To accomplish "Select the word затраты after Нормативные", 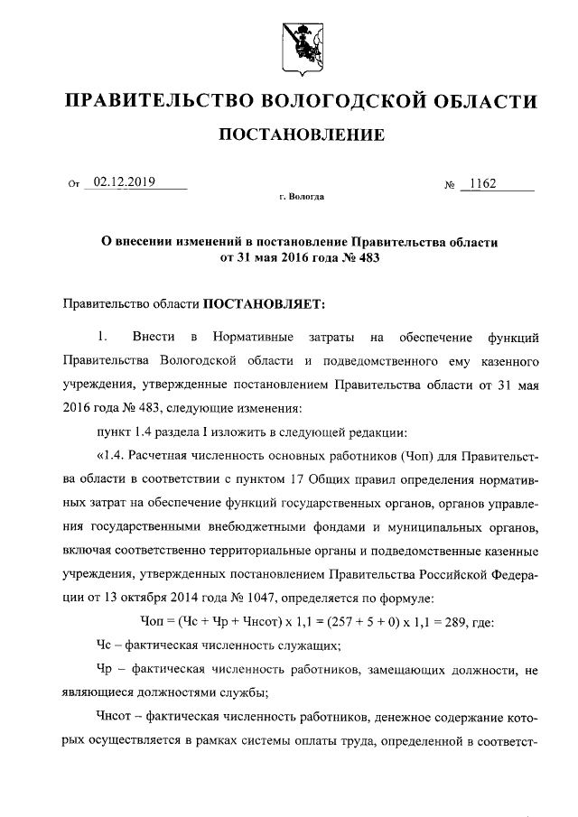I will (x=331, y=339).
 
